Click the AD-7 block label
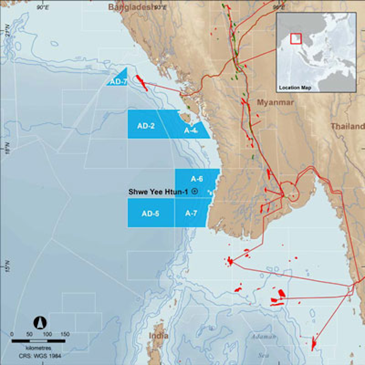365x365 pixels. [x=118, y=81]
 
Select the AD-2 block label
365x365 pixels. [x=145, y=126]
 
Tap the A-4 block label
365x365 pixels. [x=191, y=130]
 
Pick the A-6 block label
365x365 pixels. [x=197, y=178]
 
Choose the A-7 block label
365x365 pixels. [x=191, y=213]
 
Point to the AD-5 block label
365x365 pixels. [x=151, y=213]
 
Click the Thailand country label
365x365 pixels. [x=347, y=126]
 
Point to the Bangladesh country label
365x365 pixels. [x=130, y=7]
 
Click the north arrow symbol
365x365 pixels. [x=41, y=322]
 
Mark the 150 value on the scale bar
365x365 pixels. [x=65, y=335]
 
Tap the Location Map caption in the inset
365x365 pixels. [x=295, y=88]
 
